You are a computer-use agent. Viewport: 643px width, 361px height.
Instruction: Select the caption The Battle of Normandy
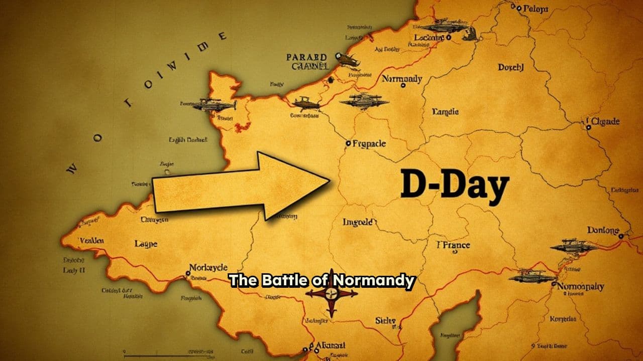[x=322, y=280]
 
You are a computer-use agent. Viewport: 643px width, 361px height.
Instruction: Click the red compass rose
[x=332, y=293]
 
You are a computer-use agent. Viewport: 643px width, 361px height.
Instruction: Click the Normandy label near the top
[x=402, y=79]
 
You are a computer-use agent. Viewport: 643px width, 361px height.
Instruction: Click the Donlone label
[x=603, y=231]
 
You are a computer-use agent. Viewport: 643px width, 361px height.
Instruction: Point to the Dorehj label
[x=510, y=67]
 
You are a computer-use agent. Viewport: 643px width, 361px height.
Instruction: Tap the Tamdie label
[x=445, y=112]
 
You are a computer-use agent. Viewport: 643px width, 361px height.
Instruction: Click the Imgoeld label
[x=358, y=222]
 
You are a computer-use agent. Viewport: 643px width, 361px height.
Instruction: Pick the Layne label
[x=146, y=244]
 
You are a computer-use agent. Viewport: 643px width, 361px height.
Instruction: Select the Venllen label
[x=92, y=241]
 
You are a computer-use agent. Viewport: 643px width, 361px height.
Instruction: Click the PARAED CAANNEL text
[x=307, y=62]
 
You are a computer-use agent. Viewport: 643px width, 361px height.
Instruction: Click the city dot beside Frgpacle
[x=348, y=143]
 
